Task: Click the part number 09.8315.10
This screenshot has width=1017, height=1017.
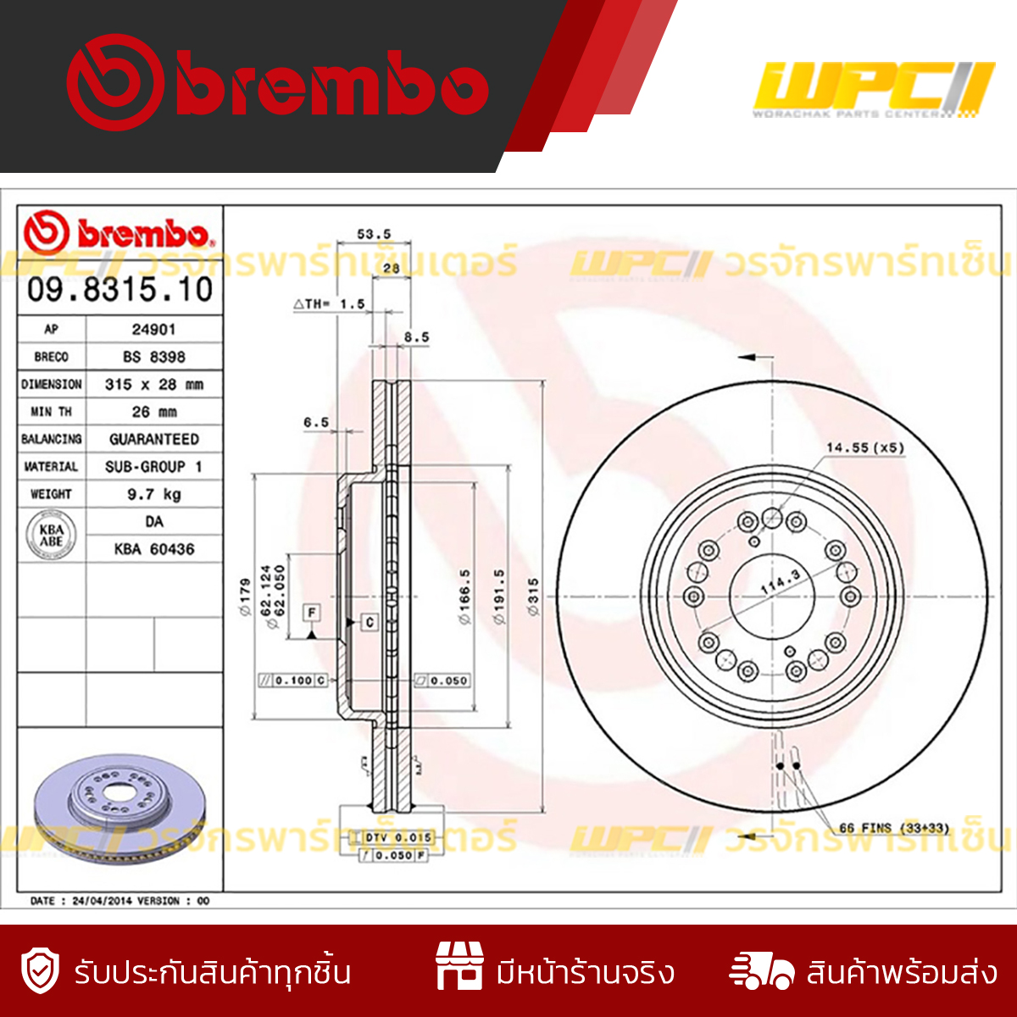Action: [x=119, y=290]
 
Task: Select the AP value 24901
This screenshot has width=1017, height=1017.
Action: [x=153, y=329]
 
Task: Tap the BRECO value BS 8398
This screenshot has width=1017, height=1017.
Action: [x=153, y=357]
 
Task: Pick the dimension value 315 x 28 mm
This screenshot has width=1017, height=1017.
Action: [x=153, y=384]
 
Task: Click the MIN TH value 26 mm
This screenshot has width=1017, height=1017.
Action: [x=153, y=412]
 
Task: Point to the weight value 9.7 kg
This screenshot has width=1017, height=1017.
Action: [x=153, y=494]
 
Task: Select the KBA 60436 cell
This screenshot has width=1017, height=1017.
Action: [x=153, y=549]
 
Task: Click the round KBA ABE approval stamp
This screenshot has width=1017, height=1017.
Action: [x=51, y=536]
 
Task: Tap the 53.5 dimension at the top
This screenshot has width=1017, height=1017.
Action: [x=373, y=234]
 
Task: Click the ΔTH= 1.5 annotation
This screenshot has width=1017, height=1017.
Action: [x=329, y=303]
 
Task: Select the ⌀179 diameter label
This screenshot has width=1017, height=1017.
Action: [x=245, y=597]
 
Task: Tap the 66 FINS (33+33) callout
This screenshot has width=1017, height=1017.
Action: [x=893, y=828]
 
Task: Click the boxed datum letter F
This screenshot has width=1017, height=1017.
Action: [x=312, y=613]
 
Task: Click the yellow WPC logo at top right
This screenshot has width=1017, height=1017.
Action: [x=872, y=89]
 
